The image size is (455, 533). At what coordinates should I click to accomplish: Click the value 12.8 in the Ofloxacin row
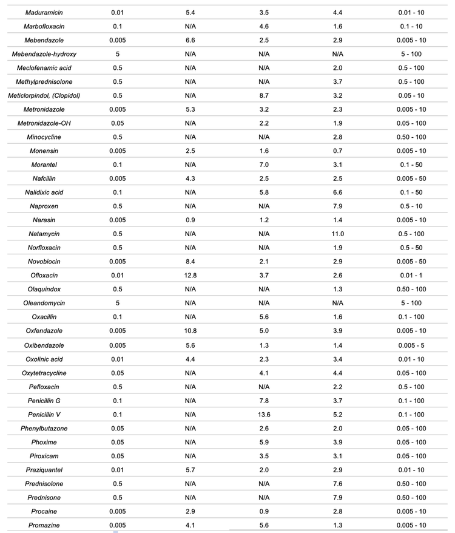coord(190,276)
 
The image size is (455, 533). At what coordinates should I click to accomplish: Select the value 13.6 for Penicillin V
coord(264,415)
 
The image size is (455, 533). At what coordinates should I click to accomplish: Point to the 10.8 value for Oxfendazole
coord(190,331)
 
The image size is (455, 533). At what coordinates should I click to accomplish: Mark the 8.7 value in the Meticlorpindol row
coord(264,95)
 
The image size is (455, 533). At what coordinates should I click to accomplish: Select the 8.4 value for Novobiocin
coord(190,262)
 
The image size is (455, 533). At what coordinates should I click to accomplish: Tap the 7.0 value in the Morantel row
coord(264,165)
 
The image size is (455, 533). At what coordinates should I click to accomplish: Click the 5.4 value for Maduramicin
coord(190,12)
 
